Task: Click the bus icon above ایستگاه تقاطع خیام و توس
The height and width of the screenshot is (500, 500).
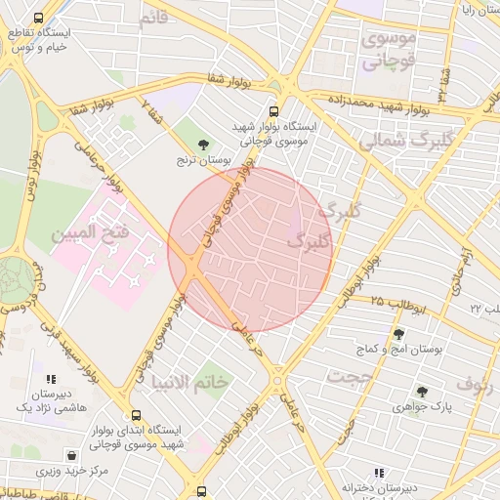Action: point(38,19)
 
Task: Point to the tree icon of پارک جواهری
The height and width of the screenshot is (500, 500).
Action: point(422,392)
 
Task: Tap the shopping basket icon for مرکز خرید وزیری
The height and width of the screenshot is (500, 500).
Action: point(72,455)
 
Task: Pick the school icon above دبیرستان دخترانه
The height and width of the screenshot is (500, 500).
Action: point(379,473)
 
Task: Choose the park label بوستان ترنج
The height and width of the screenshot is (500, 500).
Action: point(201,159)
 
